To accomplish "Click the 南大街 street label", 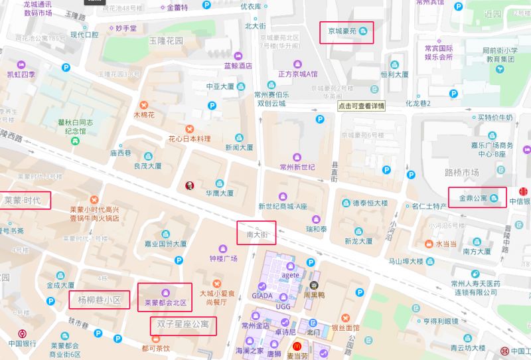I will click(256, 234).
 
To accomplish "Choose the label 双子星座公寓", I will click(183, 325).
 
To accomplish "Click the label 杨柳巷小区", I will click(99, 300).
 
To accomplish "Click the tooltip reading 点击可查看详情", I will click(360, 106).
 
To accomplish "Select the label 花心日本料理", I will click(189, 139).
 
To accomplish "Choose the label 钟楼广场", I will click(223, 258).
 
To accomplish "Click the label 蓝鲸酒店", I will click(238, 66).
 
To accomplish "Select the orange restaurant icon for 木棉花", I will click(143, 104).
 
